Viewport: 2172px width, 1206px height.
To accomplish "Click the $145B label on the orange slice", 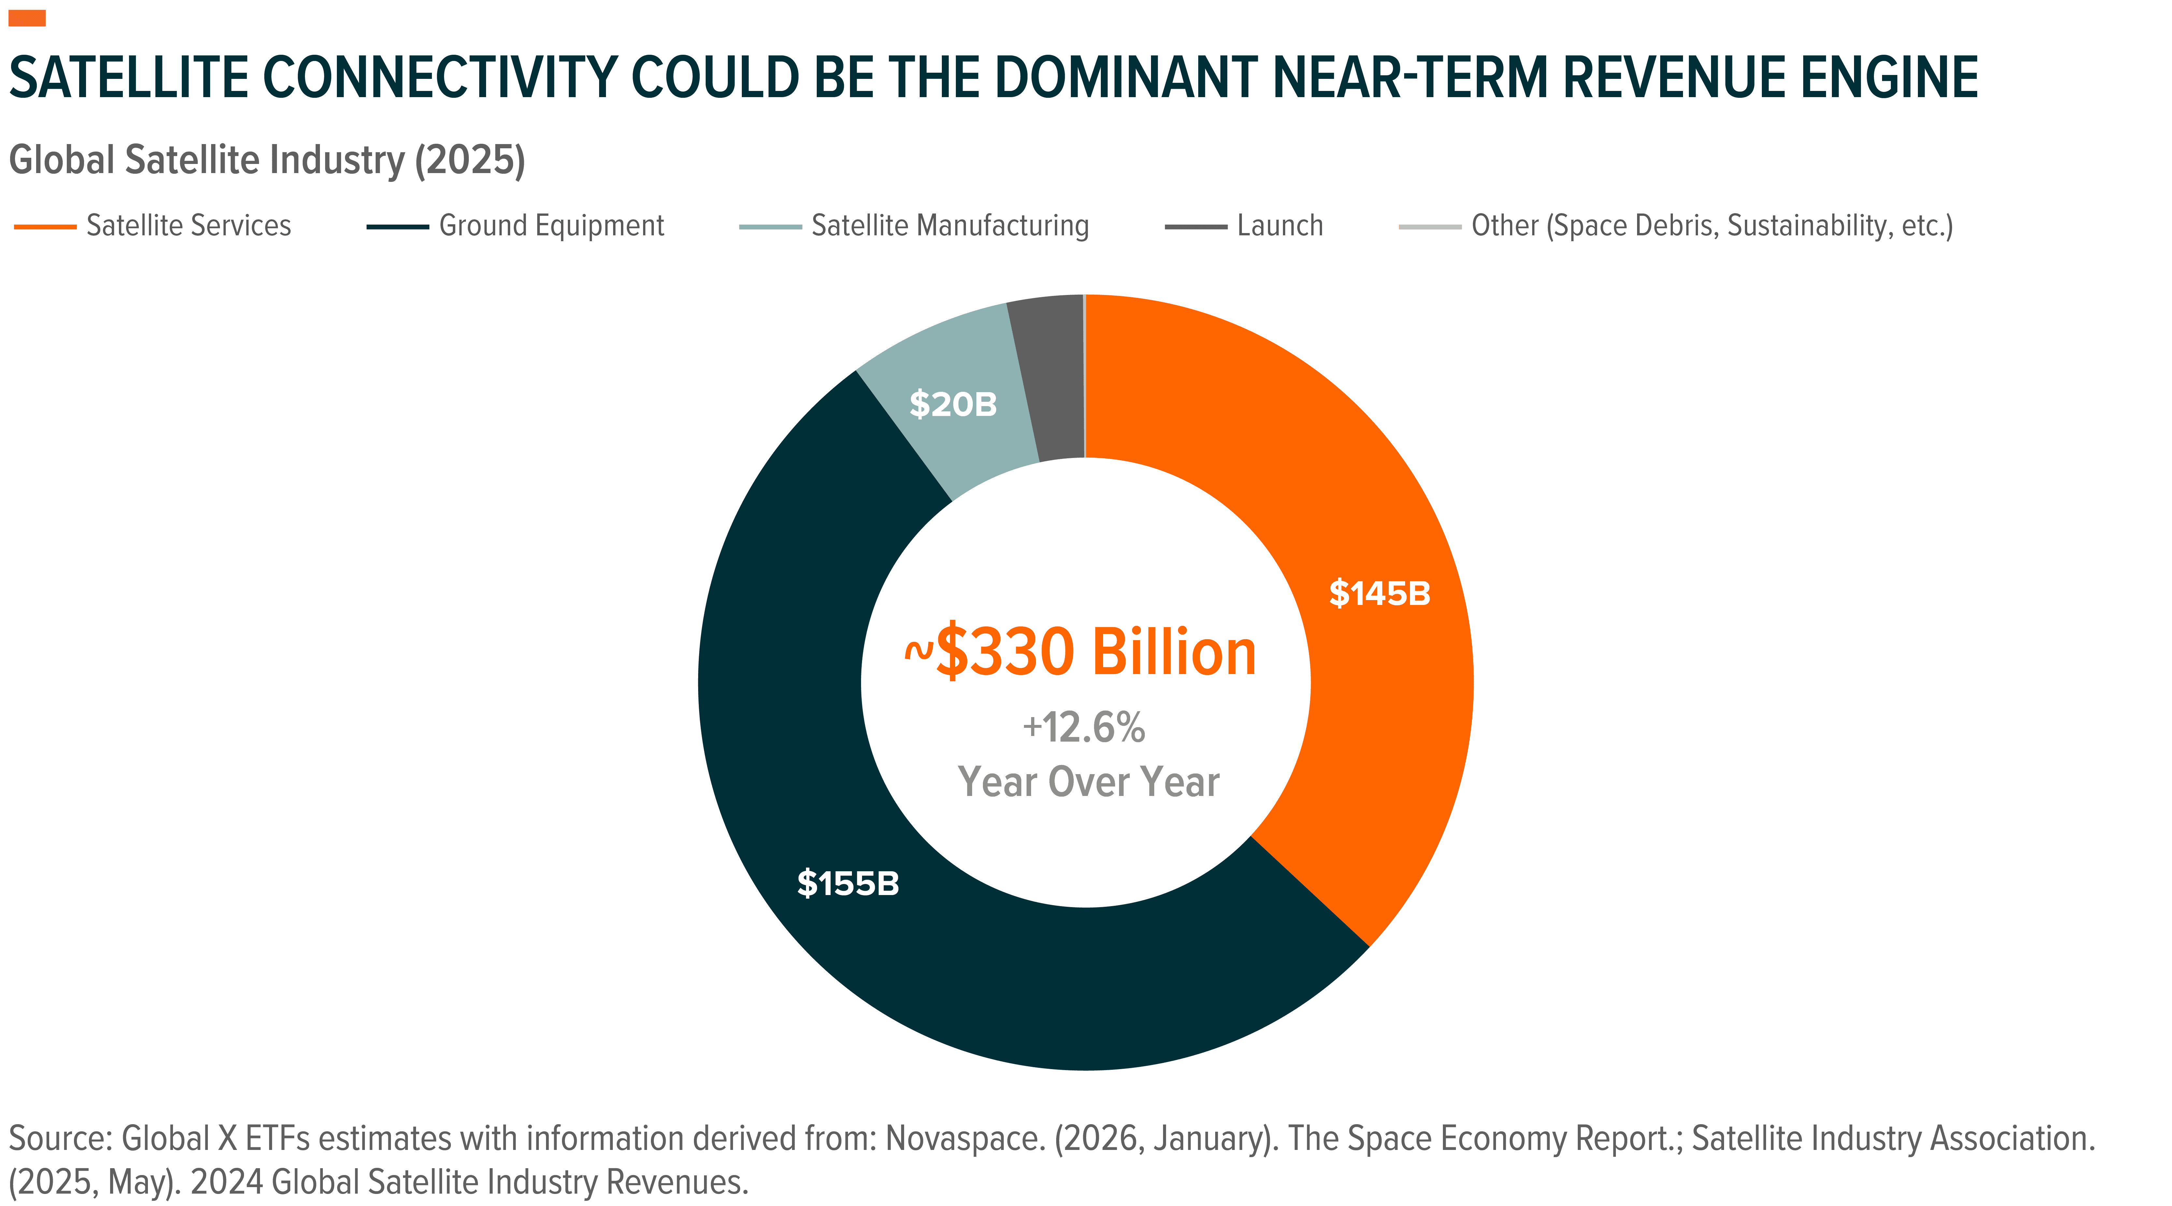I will tap(1379, 594).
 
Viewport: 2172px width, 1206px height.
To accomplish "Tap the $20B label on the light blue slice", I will tap(953, 405).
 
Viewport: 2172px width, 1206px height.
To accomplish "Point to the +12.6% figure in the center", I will tap(1084, 727).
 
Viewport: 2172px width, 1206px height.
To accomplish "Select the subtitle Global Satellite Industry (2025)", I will tap(266, 160).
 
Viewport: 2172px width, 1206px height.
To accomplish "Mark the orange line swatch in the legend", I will tap(46, 226).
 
